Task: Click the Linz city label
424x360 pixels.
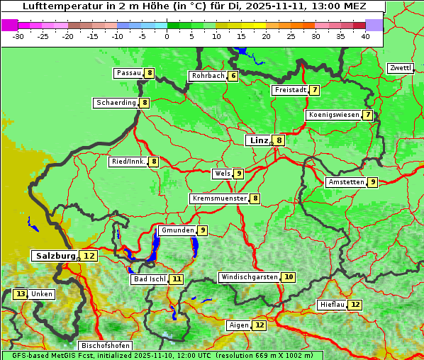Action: coord(259,140)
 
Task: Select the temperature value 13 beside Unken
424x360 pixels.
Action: coord(20,294)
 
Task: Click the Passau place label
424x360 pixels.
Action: coord(129,73)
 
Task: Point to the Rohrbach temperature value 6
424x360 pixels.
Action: coord(233,76)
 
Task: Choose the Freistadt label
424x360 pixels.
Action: coord(290,90)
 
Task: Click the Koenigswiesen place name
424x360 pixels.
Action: coord(333,115)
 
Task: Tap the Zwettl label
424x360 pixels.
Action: coord(400,68)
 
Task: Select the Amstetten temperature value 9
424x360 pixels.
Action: coord(373,182)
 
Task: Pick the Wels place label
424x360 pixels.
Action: coord(222,174)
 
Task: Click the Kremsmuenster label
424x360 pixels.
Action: coord(220,198)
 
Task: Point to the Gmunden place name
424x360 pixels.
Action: coord(177,230)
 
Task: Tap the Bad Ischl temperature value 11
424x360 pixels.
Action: coord(177,279)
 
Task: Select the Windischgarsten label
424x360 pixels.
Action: coord(250,277)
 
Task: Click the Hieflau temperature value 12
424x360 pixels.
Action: coord(355,305)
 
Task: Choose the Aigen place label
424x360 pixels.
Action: coord(238,325)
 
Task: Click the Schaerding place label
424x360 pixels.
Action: coord(116,103)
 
